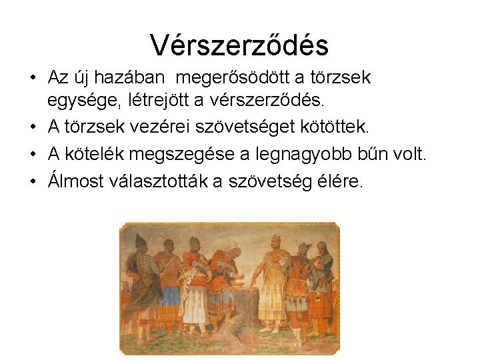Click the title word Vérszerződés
tap(239, 45)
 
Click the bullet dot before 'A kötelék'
tap(33, 155)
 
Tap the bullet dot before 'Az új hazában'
tap(33, 79)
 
